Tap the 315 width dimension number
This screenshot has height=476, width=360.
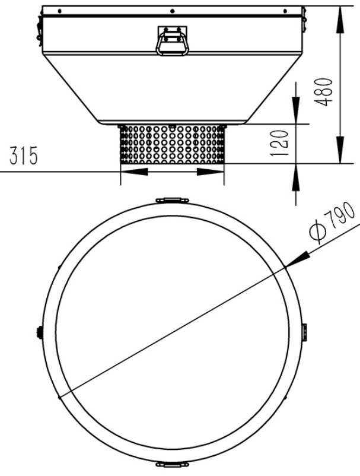click(x=21, y=157)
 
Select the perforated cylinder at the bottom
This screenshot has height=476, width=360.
click(x=172, y=144)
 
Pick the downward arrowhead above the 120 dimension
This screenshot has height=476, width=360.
click(x=295, y=113)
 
